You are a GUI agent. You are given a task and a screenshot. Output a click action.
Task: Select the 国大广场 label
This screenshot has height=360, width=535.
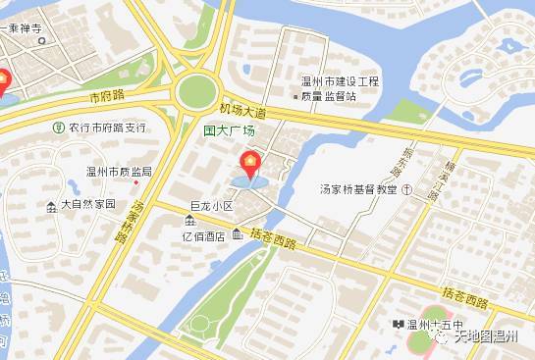(x=229, y=130)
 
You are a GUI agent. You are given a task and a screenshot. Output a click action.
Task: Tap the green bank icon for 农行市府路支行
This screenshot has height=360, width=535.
(x=58, y=128)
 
